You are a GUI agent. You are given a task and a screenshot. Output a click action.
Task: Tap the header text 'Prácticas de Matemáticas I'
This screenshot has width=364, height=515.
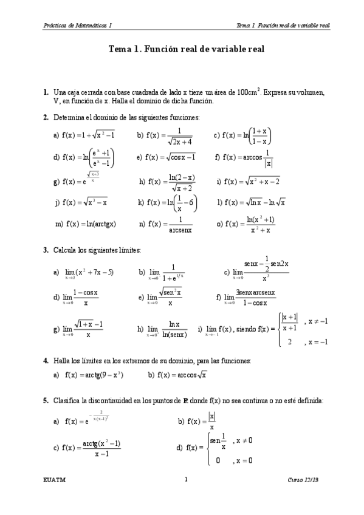pos(78,26)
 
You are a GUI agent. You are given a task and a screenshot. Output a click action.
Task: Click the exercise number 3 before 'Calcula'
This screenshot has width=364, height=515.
pos(46,250)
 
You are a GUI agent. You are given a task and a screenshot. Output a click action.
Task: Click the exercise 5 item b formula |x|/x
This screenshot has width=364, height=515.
pos(202,421)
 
